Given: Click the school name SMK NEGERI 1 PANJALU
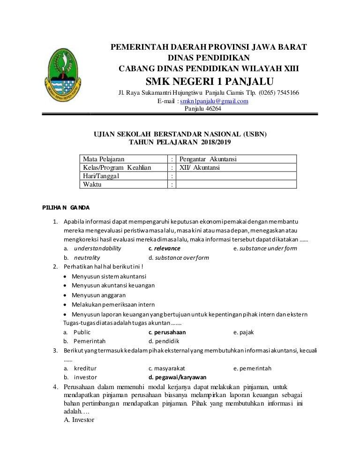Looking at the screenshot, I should click(x=209, y=81).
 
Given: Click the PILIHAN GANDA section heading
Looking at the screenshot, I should click(x=66, y=207).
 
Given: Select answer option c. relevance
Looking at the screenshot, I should click(x=164, y=248).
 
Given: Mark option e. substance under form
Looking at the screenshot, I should click(x=265, y=248).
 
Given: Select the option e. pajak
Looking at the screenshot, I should click(x=243, y=332).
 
